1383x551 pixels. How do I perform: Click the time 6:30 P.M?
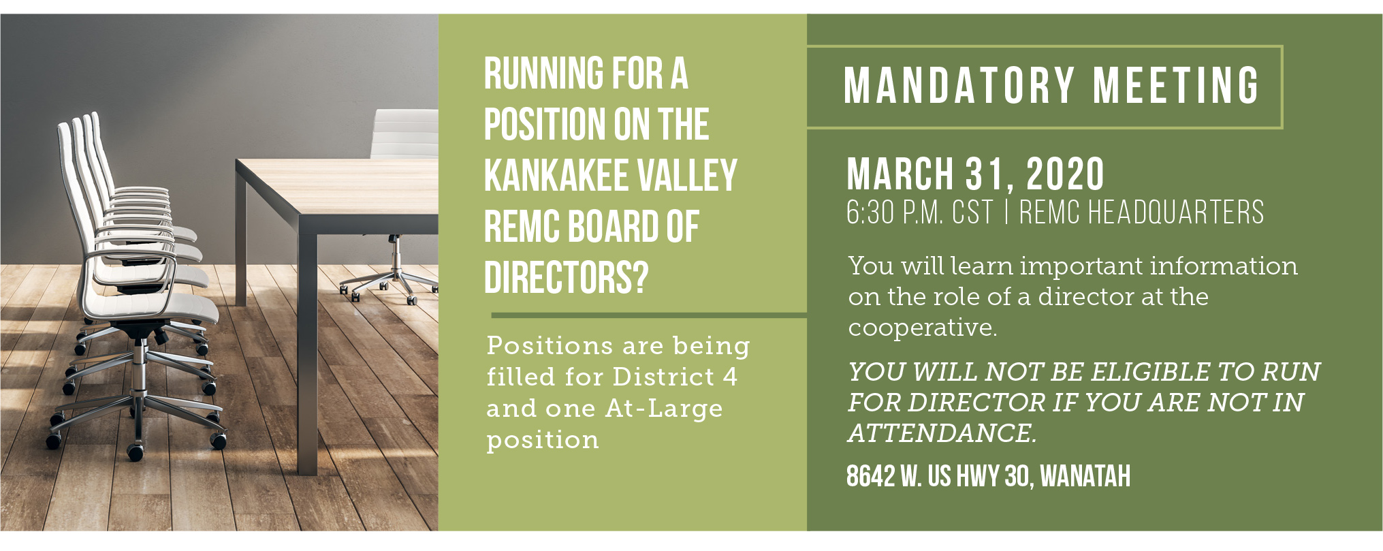point(895,212)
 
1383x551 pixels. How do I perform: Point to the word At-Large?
point(664,408)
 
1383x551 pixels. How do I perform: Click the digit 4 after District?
point(730,377)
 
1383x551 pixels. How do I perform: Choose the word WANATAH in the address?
point(1085,476)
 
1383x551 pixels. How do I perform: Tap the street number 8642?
point(870,476)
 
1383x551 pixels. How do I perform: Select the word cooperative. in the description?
point(923,328)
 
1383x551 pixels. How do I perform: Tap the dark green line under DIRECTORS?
point(649,315)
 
